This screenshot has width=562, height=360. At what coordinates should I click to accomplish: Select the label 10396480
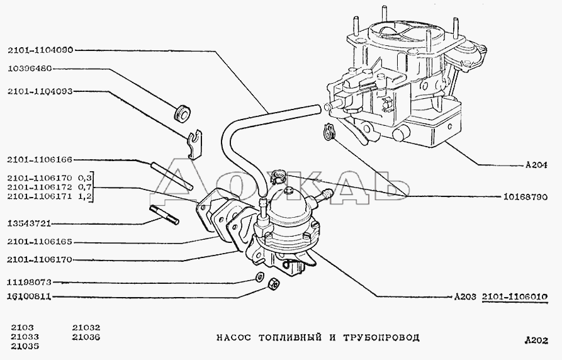click(x=30, y=69)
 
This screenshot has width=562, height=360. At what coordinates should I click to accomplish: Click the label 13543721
click(x=30, y=223)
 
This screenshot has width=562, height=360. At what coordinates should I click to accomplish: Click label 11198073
click(x=30, y=283)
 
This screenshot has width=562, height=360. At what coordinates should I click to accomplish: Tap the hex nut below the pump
click(x=273, y=284)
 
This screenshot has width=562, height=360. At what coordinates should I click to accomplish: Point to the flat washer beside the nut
click(x=259, y=278)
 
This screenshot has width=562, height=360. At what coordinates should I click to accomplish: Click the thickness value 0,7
click(x=87, y=188)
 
